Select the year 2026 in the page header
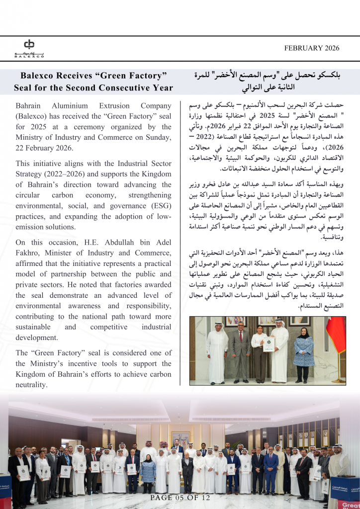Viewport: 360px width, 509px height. click(331, 48)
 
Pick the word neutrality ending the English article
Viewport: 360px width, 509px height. click(31, 385)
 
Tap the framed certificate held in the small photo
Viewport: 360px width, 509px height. click(269, 344)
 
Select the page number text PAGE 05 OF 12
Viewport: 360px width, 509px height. click(180, 498)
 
